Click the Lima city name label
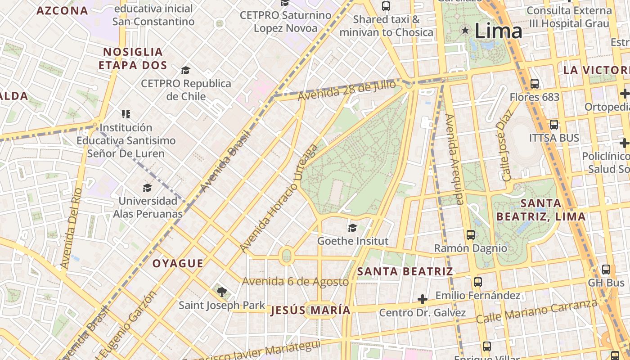tap(498, 31)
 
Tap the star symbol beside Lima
tap(465, 31)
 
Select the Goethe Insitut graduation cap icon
tap(352, 228)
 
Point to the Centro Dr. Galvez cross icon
tap(422, 299)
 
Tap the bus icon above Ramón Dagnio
tap(470, 234)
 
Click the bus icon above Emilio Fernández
tap(477, 282)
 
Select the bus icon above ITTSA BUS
tap(553, 124)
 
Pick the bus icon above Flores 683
tap(535, 83)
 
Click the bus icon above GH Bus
tap(606, 270)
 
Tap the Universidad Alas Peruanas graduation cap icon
tap(147, 188)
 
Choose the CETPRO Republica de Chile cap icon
tap(185, 70)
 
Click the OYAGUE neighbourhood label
tap(178, 263)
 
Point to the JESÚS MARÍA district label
tap(310, 310)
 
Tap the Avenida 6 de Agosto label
tap(295, 282)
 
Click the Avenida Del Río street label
tap(71, 228)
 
